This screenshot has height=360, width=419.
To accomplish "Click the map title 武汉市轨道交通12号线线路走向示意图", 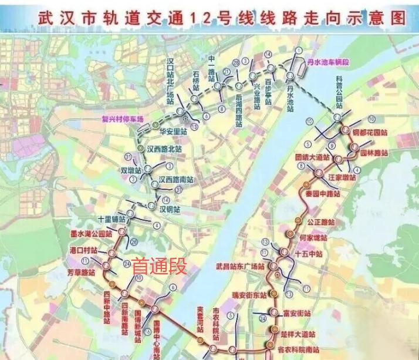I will [222, 17].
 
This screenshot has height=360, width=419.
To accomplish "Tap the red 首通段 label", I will [159, 267].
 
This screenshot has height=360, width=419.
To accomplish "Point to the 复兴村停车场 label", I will [123, 118].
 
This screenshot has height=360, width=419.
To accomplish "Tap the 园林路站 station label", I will [373, 153].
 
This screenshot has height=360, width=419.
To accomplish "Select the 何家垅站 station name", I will [312, 238].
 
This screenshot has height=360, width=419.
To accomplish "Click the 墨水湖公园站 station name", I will [89, 234].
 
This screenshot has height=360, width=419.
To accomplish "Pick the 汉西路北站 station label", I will [164, 149].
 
